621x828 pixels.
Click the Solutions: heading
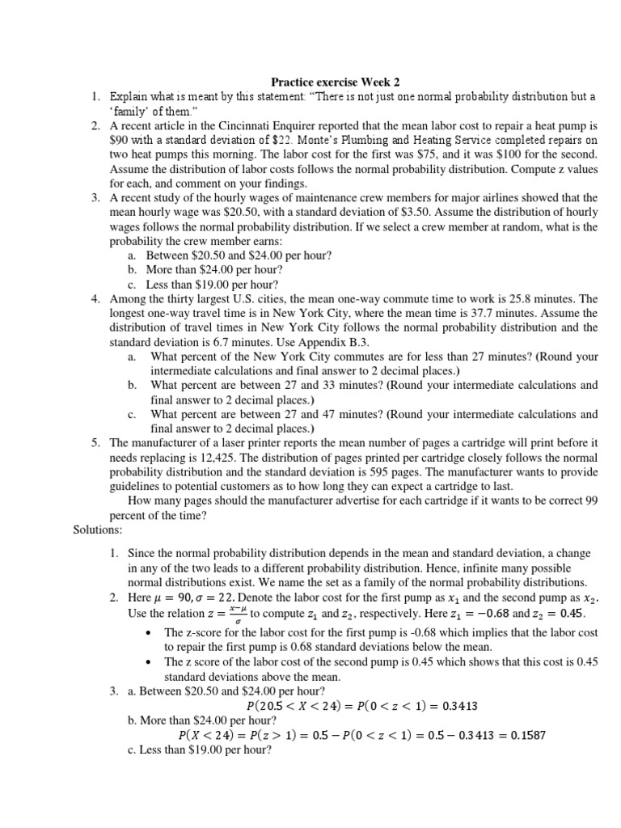pyautogui.click(x=98, y=530)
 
